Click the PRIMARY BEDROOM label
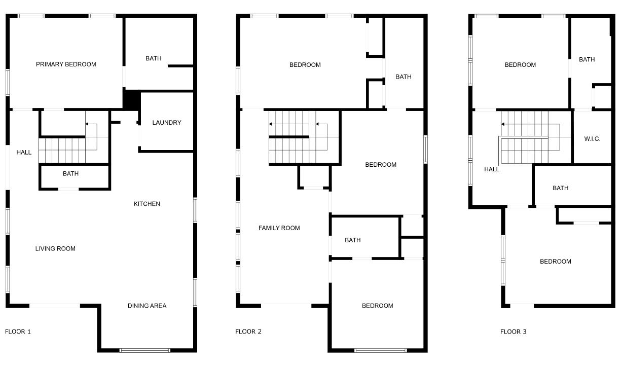point(66,64)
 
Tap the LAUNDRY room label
point(166,123)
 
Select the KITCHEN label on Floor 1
point(147,204)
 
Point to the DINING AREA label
point(147,306)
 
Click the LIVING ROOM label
point(55,249)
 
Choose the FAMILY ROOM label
point(279,228)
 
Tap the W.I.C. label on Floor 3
point(592,139)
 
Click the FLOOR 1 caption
point(18,332)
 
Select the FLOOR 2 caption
point(248,332)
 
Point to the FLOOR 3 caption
point(513,332)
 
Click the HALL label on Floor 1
point(24,153)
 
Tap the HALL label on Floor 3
point(492,169)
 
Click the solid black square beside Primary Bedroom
point(132,99)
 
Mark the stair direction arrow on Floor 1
point(88,124)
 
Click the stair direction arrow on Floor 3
point(504,124)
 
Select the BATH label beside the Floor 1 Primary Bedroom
point(154,58)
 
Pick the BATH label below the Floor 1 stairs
point(70,174)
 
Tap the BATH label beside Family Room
point(352,240)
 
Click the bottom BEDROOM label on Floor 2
point(377,306)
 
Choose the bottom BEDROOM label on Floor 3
point(555,262)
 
